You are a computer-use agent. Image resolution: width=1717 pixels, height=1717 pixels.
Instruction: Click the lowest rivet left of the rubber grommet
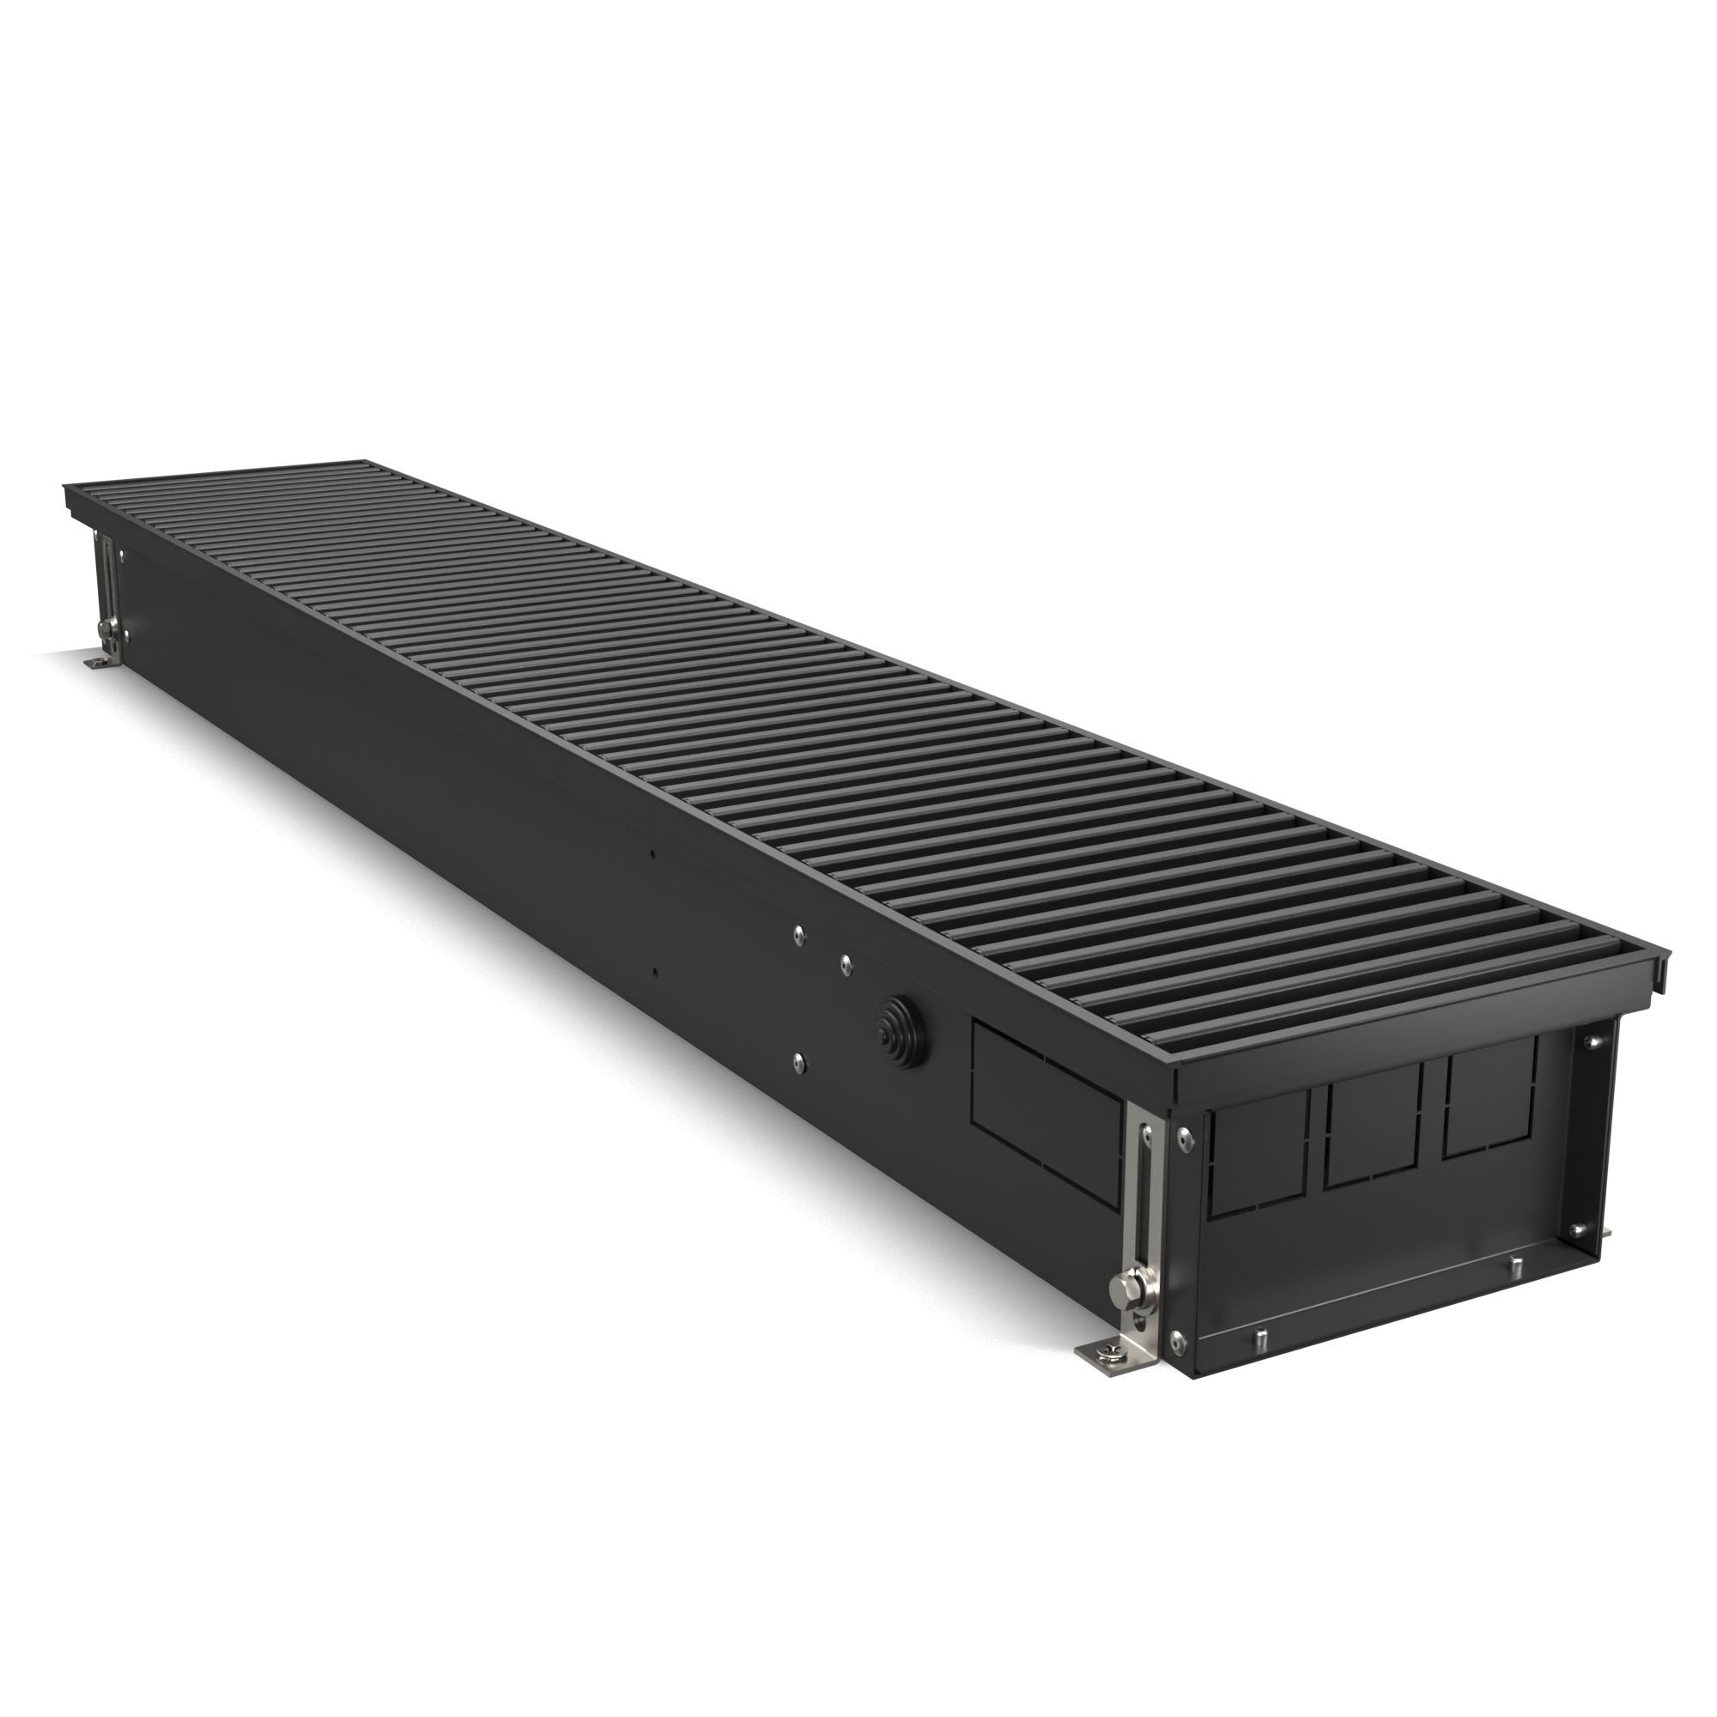799,1059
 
